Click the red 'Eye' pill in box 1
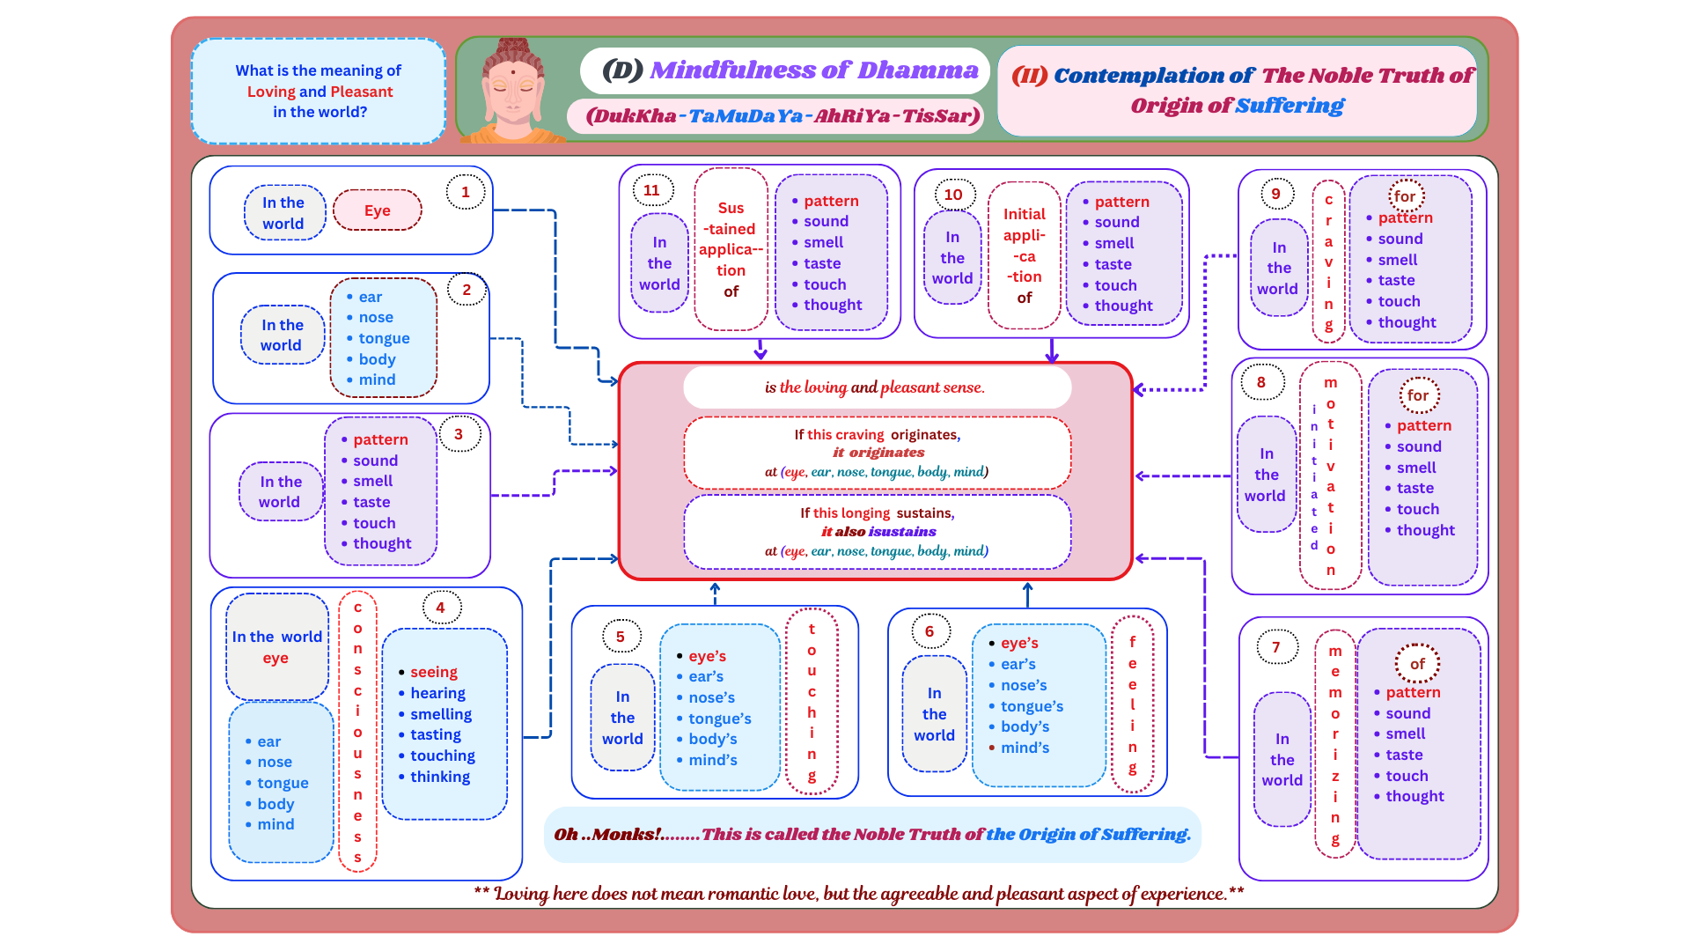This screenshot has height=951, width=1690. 377,210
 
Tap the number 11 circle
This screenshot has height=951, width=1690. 651,190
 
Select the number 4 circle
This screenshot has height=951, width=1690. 441,608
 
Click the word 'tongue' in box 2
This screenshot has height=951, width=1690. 384,338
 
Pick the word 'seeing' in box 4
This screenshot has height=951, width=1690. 433,672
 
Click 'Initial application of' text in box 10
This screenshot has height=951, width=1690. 1025,255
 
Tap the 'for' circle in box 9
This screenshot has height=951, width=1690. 1406,196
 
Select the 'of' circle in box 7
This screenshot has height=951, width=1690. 1417,664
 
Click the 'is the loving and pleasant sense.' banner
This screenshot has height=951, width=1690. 876,387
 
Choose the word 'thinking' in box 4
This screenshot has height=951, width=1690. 439,777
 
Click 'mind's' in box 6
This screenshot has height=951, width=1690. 1025,748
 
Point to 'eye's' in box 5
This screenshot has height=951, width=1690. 707,656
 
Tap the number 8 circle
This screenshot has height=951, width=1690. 1261,382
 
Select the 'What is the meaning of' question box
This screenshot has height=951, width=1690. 319,91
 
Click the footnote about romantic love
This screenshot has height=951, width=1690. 858,894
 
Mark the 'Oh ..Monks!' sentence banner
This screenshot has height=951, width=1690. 871,834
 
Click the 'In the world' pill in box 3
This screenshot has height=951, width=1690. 280,491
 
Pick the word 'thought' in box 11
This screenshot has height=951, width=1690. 833,305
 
